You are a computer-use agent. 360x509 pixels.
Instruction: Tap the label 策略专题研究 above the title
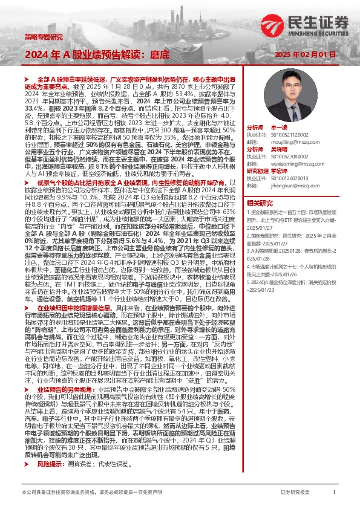click(x=44, y=36)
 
